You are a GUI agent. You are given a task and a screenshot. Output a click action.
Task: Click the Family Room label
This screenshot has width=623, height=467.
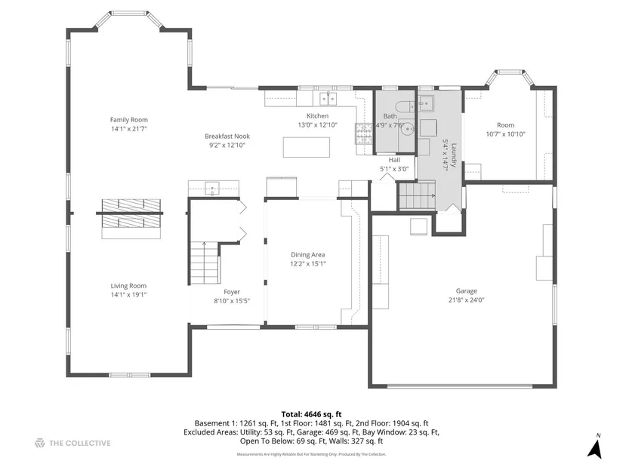[x=128, y=119]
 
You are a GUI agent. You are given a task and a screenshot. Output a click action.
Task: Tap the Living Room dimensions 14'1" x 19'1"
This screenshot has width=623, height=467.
[x=128, y=295]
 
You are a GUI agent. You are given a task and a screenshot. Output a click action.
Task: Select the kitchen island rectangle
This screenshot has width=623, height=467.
[x=307, y=147]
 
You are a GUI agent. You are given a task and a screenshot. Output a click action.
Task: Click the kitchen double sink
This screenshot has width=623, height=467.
[x=328, y=99]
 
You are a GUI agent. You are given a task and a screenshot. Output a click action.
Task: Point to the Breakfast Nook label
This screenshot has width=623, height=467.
[x=227, y=137]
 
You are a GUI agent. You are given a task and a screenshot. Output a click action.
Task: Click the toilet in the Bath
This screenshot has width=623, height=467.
[x=405, y=106]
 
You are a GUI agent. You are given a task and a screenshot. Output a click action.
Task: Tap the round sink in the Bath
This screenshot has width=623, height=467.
[x=408, y=129]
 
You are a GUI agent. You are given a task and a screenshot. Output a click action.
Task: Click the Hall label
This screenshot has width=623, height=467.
[x=394, y=160]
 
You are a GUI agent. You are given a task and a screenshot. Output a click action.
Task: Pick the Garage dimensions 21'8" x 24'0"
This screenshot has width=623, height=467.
[x=467, y=300]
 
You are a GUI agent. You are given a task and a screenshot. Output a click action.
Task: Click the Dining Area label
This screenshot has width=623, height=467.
[x=308, y=254]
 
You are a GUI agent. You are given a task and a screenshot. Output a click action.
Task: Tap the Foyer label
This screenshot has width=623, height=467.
[x=232, y=292]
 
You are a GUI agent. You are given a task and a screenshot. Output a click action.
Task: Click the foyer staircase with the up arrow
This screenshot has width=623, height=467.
[x=205, y=263]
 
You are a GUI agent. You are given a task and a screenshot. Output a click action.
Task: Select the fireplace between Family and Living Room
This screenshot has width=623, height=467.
[x=131, y=218]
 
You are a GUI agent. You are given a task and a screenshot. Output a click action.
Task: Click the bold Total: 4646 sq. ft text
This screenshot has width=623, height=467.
[x=311, y=415]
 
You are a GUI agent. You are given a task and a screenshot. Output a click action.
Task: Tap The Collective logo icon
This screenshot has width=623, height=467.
[x=40, y=443]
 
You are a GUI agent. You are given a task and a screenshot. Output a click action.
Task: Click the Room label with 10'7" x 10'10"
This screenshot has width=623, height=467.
[x=505, y=125]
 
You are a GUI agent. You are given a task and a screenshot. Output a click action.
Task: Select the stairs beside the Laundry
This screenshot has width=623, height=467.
[x=417, y=195]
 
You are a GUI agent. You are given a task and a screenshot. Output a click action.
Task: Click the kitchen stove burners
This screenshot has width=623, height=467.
[x=363, y=134]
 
